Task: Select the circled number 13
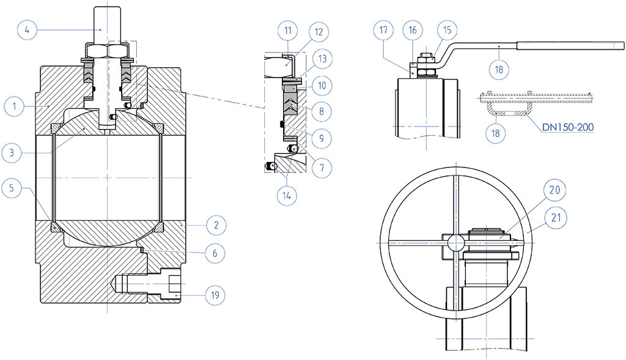pyautogui.click(x=323, y=59)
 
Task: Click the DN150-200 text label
pyautogui.click(x=569, y=127)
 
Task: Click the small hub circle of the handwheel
pyautogui.click(x=455, y=243)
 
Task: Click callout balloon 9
pyautogui.click(x=323, y=139)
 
